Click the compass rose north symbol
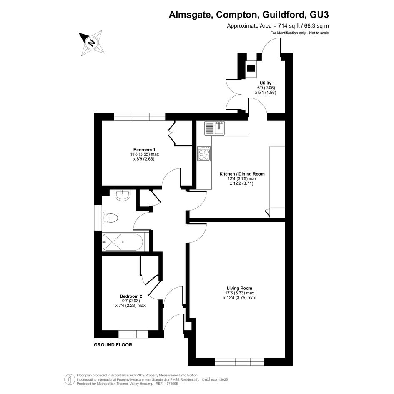coord(91,43)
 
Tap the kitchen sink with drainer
coord(215,128)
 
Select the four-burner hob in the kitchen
coord(204,154)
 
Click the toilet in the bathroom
coord(110,218)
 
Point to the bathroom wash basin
coord(123,195)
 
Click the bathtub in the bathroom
coord(123,242)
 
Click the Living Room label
coord(239,288)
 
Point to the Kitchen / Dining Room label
coord(242,174)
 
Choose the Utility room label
coord(266,83)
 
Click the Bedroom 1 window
coord(140,117)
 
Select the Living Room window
coord(239,361)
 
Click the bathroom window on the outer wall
coord(98,218)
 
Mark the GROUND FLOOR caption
coord(113,345)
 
